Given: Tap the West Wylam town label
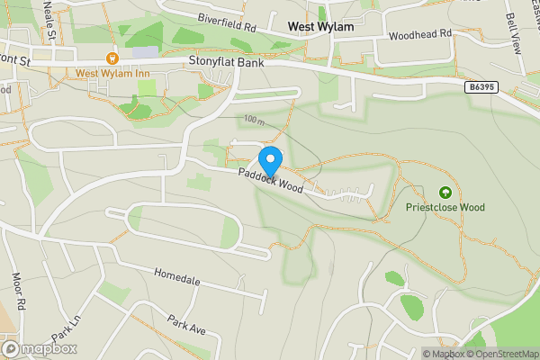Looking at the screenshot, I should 319,27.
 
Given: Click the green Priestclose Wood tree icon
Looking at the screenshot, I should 444,192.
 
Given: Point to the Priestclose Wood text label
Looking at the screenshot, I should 444,207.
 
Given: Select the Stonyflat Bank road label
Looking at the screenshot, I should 226,61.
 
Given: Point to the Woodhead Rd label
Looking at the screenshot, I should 419,34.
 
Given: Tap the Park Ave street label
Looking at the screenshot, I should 187,325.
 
